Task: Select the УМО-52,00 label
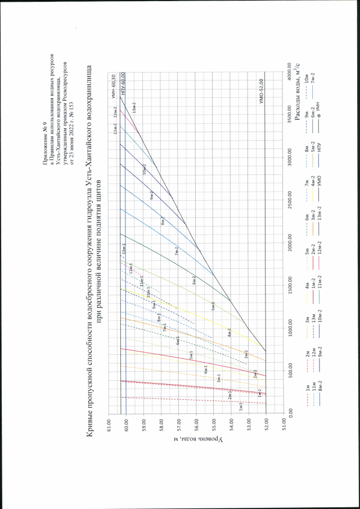262,89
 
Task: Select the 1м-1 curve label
241,404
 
